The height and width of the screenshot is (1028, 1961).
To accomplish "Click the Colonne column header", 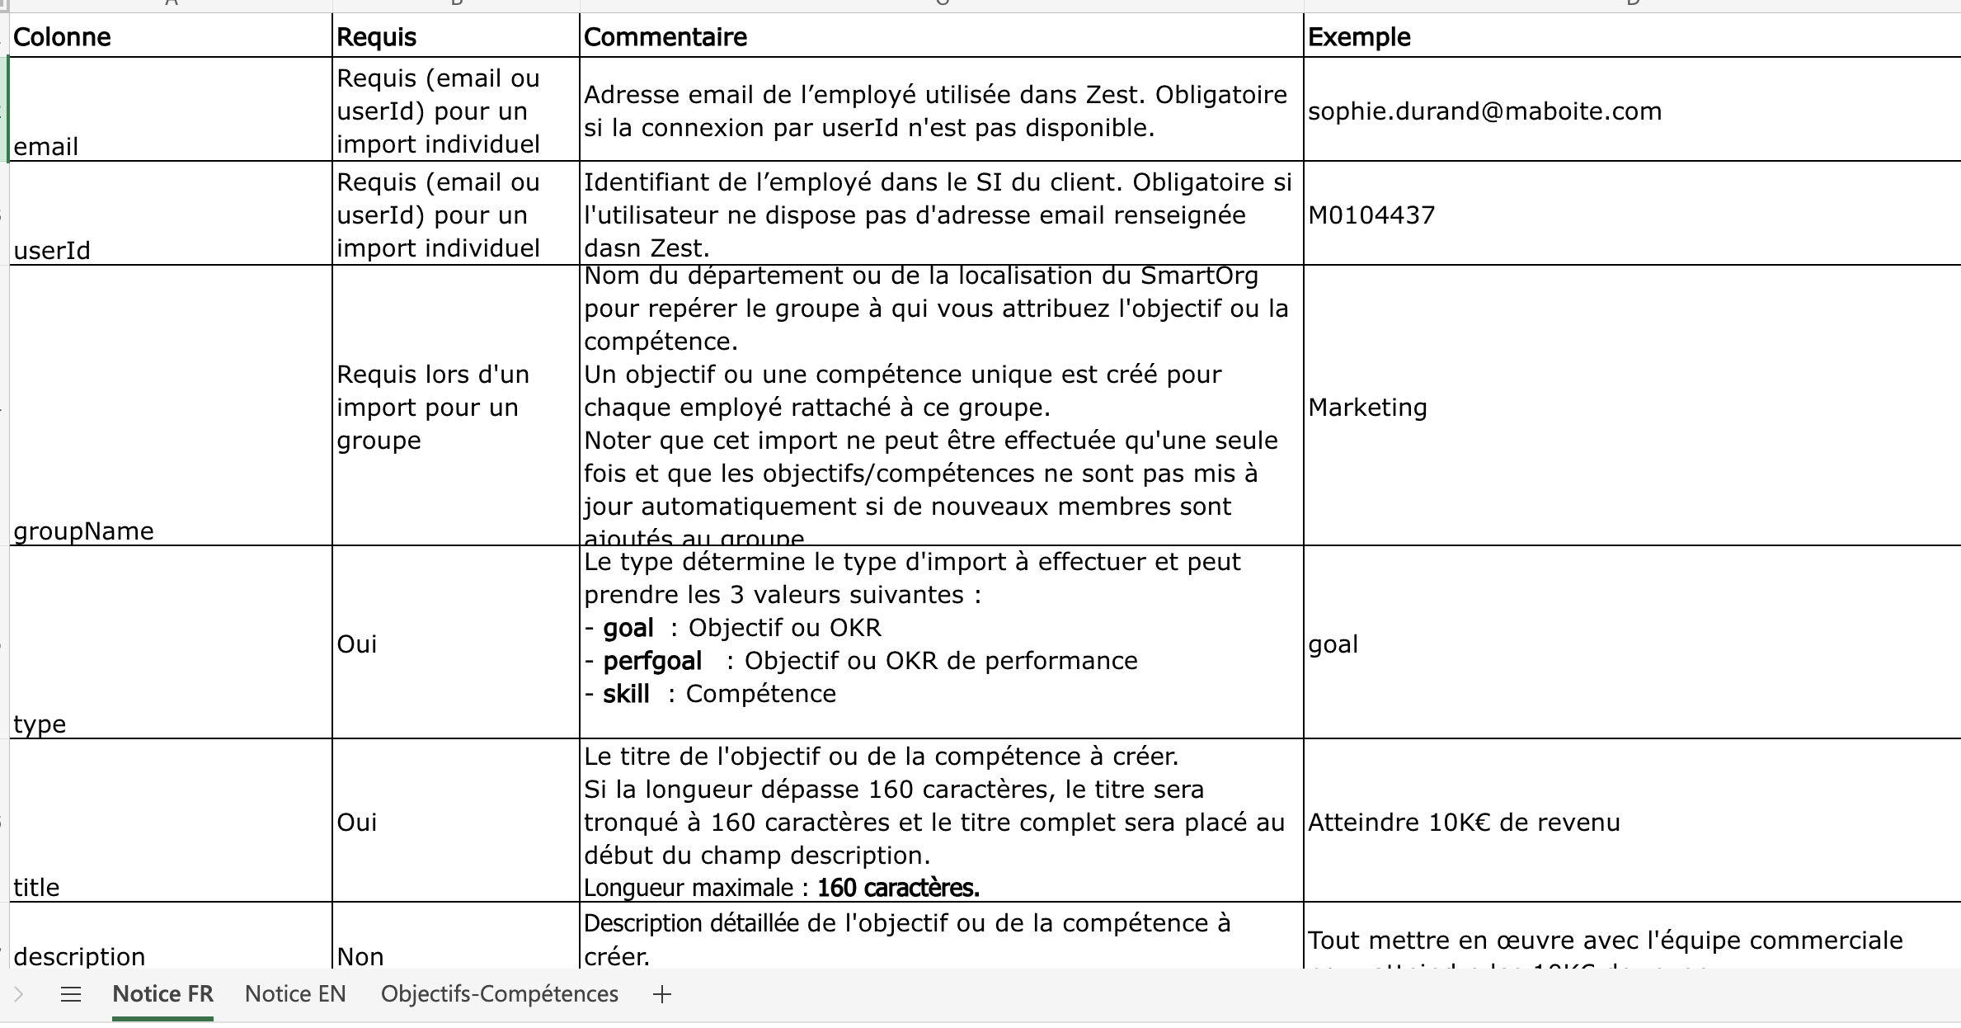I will coord(63,37).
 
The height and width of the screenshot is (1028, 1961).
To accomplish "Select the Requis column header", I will coord(377,37).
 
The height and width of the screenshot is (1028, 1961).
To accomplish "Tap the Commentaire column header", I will coord(665,37).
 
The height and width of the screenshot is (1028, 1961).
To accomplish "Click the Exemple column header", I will coord(1359,37).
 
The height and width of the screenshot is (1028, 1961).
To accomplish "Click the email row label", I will coord(46,147).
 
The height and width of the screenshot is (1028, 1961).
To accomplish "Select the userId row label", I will coord(52,251).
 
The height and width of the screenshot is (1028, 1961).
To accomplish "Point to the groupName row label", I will coord(83,531).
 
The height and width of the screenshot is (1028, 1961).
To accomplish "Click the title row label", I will coord(36,888).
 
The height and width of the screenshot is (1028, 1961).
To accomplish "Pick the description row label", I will coord(79,956).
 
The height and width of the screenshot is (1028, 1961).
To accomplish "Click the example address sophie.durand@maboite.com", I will coord(1484,111).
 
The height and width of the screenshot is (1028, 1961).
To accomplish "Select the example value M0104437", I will coord(1371,215).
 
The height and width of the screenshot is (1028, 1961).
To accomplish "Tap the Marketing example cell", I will coord(1367,408).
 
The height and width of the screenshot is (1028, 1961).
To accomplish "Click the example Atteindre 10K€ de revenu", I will coord(1464,823).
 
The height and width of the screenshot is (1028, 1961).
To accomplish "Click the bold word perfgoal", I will coord(652,661).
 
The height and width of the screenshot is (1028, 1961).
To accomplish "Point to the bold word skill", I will coord(626,694).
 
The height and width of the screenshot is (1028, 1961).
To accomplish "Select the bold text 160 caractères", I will coord(898,888).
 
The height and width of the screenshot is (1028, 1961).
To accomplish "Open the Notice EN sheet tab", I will coord(295,994).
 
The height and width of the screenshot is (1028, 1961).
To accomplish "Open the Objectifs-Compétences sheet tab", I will coord(499,994).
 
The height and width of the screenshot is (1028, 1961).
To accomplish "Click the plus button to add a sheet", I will coord(662,995).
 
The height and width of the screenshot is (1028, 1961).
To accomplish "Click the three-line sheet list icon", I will coord(71,995).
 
